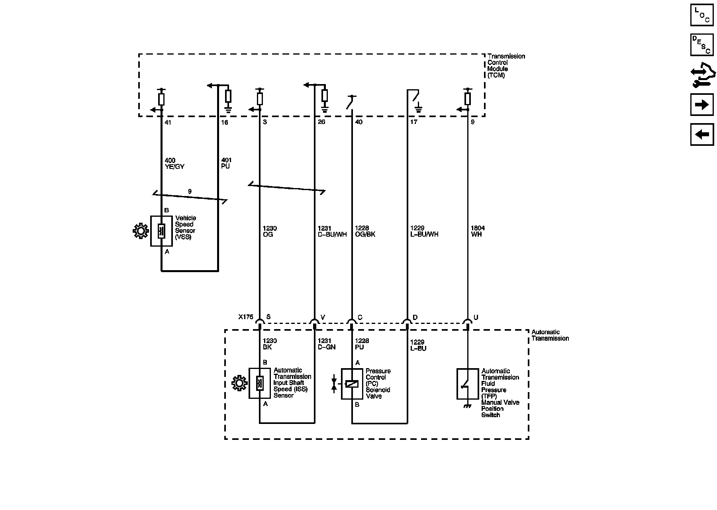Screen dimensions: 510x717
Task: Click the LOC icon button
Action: (x=701, y=15)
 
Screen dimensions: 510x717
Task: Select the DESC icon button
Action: (x=701, y=45)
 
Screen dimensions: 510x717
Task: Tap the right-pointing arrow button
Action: (x=701, y=105)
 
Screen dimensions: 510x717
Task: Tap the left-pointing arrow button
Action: (x=701, y=135)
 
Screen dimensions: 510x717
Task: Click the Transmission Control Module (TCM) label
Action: (x=506, y=66)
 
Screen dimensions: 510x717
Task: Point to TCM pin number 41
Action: (x=168, y=123)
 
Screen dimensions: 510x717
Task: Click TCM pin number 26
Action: (x=321, y=122)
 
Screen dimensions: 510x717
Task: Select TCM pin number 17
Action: (x=414, y=122)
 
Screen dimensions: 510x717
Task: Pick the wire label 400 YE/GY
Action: (x=174, y=164)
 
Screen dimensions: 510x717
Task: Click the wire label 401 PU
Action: (x=226, y=163)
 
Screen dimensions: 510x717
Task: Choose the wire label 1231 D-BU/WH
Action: (x=332, y=231)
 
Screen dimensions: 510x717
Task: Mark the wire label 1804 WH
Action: (x=478, y=231)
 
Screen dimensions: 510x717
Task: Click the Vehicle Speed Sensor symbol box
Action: (x=161, y=231)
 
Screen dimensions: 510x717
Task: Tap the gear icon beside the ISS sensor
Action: (x=239, y=383)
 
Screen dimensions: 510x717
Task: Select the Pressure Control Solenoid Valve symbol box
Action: (x=352, y=384)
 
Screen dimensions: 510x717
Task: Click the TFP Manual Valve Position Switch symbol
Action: (x=467, y=384)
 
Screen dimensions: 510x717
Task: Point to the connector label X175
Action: (x=246, y=317)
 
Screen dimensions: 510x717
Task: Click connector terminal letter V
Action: (x=323, y=318)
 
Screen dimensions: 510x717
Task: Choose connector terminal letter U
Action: (x=476, y=318)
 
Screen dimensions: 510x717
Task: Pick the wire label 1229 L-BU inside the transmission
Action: (x=418, y=345)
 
